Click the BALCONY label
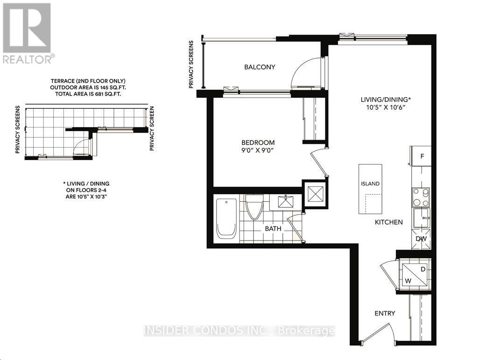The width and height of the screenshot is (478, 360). [260, 67]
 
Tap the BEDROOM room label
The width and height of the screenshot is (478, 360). [258, 142]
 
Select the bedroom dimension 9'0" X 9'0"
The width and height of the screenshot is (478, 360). [258, 151]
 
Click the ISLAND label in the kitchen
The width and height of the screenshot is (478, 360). [370, 184]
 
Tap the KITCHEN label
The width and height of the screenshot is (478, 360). [388, 222]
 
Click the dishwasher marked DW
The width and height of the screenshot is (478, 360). [422, 240]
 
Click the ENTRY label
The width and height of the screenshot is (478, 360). [385, 313]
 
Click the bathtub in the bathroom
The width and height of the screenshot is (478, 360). [228, 219]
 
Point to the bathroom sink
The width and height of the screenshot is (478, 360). [286, 202]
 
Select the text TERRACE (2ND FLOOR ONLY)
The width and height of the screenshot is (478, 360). [88, 81]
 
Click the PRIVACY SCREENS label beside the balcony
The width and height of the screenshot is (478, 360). [191, 64]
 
